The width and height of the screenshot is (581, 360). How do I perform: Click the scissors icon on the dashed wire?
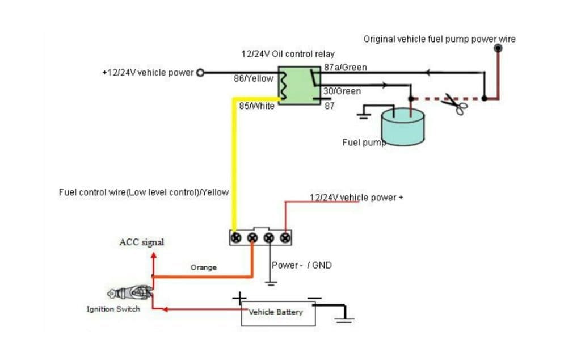[455, 104]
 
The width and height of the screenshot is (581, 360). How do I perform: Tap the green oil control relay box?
[300, 86]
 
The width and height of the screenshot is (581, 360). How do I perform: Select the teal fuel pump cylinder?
[403, 127]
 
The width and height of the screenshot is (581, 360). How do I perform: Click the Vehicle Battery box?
[278, 313]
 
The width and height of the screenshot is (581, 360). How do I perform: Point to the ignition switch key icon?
[130, 292]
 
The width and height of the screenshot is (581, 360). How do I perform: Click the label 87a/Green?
[346, 68]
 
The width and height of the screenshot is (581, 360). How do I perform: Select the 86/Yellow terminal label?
[254, 78]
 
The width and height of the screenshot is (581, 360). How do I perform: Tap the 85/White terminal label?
[257, 106]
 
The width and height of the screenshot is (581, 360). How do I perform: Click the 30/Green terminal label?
[342, 91]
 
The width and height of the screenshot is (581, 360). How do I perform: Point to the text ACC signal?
[141, 242]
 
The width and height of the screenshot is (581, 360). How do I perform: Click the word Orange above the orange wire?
[204, 267]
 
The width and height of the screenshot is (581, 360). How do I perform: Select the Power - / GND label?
[302, 265]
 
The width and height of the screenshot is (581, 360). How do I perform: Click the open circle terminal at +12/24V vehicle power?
[200, 73]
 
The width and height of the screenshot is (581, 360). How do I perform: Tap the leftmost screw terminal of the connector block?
[236, 238]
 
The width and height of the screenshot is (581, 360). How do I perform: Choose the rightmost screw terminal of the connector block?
[285, 238]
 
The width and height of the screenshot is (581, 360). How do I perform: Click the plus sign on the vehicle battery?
[239, 299]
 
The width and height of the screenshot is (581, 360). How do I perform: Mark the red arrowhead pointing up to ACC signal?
[153, 256]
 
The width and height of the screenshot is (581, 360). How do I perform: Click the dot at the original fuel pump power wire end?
[498, 48]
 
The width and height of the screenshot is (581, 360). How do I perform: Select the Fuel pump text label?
[364, 143]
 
